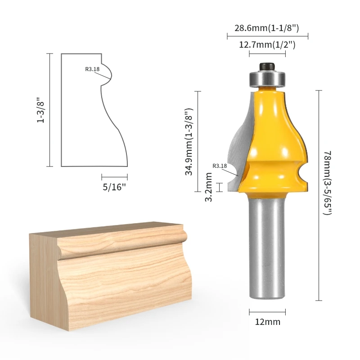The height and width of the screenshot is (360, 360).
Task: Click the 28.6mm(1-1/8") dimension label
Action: click(x=266, y=28)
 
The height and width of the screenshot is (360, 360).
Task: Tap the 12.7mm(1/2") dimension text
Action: click(x=267, y=45)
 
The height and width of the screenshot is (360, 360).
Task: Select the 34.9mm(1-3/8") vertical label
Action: click(x=189, y=142)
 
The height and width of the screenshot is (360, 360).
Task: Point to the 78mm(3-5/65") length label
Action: click(x=328, y=183)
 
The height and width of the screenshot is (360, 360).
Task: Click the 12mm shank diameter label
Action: click(x=268, y=322)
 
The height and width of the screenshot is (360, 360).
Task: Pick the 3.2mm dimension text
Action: click(x=208, y=187)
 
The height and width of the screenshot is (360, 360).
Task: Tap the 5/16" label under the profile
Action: click(x=114, y=187)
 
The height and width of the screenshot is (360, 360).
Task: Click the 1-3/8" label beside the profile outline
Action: click(x=40, y=110)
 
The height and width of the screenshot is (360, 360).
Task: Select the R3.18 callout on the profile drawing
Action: click(x=92, y=69)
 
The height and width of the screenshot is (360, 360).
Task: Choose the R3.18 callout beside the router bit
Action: click(x=220, y=166)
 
